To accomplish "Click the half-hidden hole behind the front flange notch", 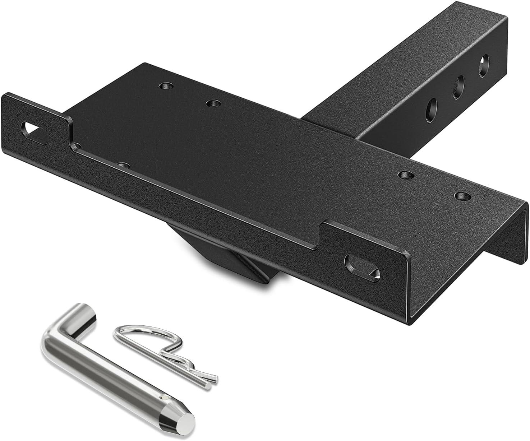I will tap(123, 166).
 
